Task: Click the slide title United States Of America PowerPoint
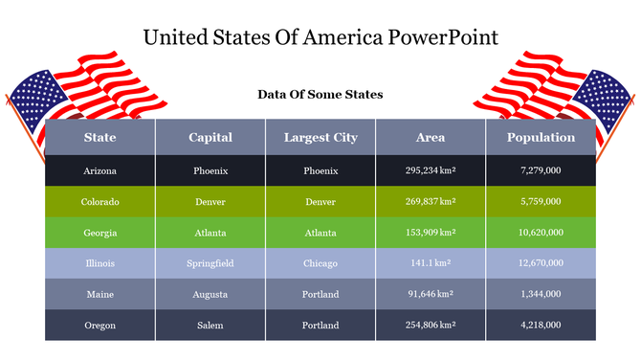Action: pyautogui.click(x=320, y=37)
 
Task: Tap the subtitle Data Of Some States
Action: pyautogui.click(x=320, y=95)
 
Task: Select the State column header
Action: pyautogui.click(x=100, y=138)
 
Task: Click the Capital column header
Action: pyautogui.click(x=210, y=138)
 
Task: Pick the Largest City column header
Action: pyautogui.click(x=320, y=138)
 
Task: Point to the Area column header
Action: pyautogui.click(x=431, y=138)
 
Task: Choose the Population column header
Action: pyautogui.click(x=541, y=138)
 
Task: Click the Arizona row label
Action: pyautogui.click(x=100, y=170)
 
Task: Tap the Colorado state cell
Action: pyautogui.click(x=100, y=202)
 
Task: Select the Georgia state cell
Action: pyautogui.click(x=100, y=233)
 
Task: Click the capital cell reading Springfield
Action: pyautogui.click(x=210, y=263)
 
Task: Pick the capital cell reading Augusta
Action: pyautogui.click(x=210, y=294)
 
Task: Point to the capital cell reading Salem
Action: pyautogui.click(x=210, y=326)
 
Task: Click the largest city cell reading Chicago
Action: pyautogui.click(x=320, y=263)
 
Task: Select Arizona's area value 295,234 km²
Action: pyautogui.click(x=431, y=170)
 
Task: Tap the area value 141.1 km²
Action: pyautogui.click(x=431, y=263)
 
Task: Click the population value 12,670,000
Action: pyautogui.click(x=541, y=263)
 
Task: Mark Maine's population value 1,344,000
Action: pyautogui.click(x=541, y=294)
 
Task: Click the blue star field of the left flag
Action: pyautogui.click(x=36, y=97)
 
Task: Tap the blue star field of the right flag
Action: pyautogui.click(x=605, y=97)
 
